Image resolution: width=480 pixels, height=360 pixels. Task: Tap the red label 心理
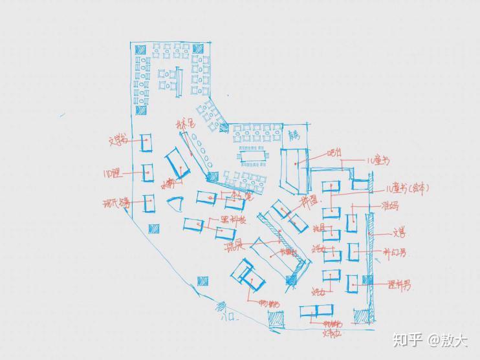tap(112, 173)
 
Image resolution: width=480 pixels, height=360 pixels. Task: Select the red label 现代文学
tap(116, 204)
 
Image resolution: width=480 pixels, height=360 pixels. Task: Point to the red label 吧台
tap(334, 153)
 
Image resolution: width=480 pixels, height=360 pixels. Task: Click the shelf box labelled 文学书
tap(146, 142)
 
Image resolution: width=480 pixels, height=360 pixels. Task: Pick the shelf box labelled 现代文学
tap(149, 203)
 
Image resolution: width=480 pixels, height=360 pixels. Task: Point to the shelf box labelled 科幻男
tap(353, 252)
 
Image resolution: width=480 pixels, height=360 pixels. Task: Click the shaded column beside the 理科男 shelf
tap(368, 280)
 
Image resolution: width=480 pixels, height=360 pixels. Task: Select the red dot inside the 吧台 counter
tap(297, 164)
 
